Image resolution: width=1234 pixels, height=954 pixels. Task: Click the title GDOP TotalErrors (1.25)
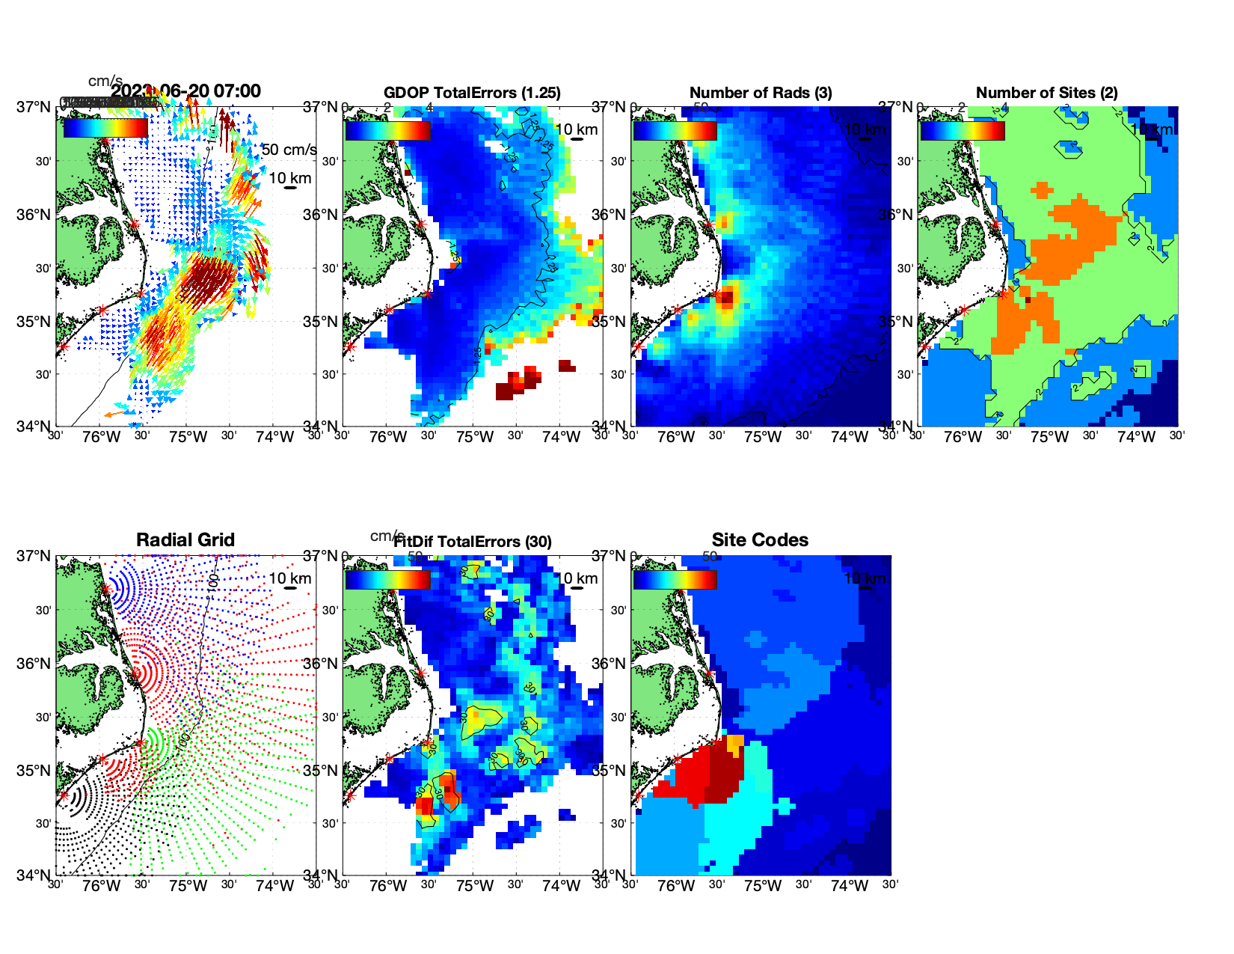click(472, 93)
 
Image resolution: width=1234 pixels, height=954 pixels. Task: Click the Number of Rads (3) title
click(761, 93)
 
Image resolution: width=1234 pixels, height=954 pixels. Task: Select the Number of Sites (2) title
click(1046, 93)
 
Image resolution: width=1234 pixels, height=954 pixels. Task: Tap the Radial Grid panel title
click(185, 540)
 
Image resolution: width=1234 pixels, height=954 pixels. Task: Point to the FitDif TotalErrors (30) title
click(473, 542)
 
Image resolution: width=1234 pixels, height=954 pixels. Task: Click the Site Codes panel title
click(760, 540)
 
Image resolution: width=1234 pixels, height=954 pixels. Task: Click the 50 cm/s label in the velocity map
click(289, 150)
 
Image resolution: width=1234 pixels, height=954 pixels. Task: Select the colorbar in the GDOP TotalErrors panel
click(387, 130)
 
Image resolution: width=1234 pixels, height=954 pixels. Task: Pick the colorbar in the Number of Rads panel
click(675, 130)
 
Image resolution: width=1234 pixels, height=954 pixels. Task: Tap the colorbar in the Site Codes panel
click(675, 579)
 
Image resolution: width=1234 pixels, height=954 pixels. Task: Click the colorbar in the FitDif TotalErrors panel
click(387, 579)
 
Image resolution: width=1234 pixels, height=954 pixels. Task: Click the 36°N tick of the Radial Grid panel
click(34, 664)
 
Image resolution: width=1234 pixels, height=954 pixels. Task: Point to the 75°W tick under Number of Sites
click(1049, 437)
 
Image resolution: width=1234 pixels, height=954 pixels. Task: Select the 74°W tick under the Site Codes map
click(849, 886)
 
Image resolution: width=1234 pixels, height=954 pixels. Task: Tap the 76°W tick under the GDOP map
click(388, 437)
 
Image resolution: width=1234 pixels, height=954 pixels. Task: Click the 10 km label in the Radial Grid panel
click(289, 578)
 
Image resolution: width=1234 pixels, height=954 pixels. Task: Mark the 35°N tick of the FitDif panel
click(322, 771)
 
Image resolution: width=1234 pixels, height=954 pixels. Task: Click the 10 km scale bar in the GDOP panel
click(577, 138)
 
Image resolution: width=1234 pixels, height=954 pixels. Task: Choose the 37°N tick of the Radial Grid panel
click(34, 556)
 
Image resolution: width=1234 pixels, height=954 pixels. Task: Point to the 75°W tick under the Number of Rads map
click(762, 437)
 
